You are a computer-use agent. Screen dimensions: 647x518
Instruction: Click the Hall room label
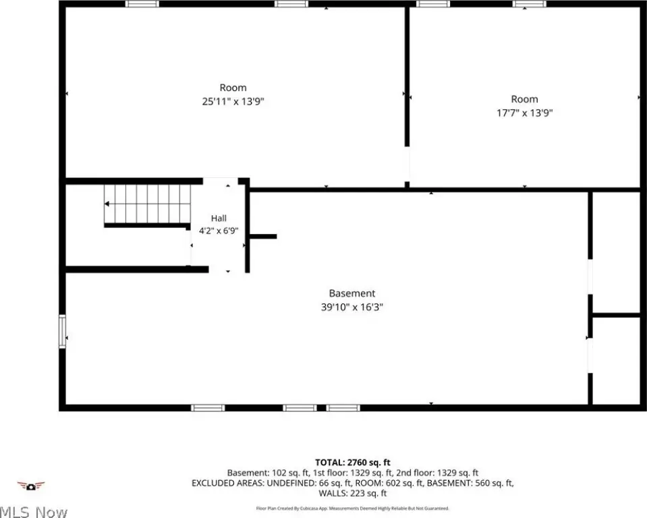pyautogui.click(x=219, y=218)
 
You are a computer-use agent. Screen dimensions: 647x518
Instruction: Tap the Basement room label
pyautogui.click(x=352, y=293)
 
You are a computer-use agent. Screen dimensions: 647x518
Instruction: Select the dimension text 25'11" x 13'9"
pyautogui.click(x=233, y=101)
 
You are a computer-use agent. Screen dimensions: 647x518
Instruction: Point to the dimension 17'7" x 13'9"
pyautogui.click(x=524, y=113)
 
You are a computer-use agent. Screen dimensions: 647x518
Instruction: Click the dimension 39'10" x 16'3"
pyautogui.click(x=352, y=308)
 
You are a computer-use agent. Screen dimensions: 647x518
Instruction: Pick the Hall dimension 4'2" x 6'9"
pyautogui.click(x=219, y=231)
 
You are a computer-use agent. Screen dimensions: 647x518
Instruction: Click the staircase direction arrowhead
pyautogui.click(x=107, y=204)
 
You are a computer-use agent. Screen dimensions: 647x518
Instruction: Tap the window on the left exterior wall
pyautogui.click(x=62, y=332)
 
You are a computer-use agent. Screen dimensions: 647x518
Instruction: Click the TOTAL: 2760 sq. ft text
pyautogui.click(x=353, y=462)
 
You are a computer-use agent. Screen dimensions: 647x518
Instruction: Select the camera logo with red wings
pyautogui.click(x=30, y=486)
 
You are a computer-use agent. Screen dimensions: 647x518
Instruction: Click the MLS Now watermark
pyautogui.click(x=33, y=512)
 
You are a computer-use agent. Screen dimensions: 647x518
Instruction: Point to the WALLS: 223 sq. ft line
pyautogui.click(x=353, y=493)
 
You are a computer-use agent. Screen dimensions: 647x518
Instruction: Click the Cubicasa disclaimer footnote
pyautogui.click(x=353, y=509)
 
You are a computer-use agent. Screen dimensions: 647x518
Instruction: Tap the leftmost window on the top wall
pyautogui.click(x=142, y=4)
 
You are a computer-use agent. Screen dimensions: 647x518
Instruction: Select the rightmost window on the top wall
pyautogui.click(x=530, y=4)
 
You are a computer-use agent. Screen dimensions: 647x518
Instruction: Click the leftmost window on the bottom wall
pyautogui.click(x=208, y=408)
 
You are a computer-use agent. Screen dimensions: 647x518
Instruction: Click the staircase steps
pyautogui.click(x=147, y=204)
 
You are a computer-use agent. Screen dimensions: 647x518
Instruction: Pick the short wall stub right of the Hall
pyautogui.click(x=263, y=236)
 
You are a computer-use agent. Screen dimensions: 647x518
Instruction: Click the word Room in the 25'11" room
pyautogui.click(x=233, y=88)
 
